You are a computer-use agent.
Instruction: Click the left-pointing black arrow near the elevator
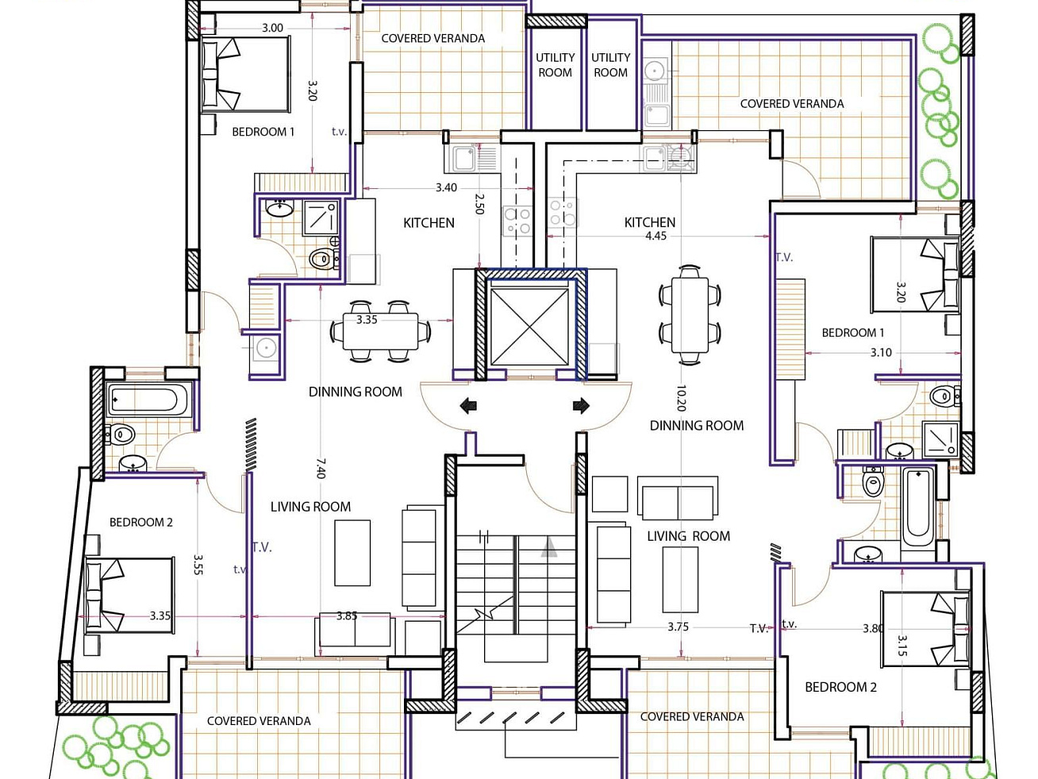point(468,406)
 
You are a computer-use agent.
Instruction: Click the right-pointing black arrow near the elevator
point(581,405)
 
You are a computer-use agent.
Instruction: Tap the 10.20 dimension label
point(681,398)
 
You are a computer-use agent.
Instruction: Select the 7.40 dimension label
point(321,469)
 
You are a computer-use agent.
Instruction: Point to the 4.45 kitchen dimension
point(656,236)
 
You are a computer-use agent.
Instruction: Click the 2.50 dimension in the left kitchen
point(479,204)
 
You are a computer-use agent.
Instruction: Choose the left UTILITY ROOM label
point(556,65)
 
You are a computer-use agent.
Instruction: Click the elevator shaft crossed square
point(529,327)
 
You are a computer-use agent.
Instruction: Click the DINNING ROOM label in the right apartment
point(697,426)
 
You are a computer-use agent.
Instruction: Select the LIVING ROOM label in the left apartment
point(311,507)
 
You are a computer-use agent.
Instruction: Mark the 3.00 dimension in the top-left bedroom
point(273,28)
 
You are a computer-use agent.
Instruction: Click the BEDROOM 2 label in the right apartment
point(841,687)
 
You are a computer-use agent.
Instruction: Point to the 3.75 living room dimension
point(679,627)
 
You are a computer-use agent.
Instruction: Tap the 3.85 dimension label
point(347,616)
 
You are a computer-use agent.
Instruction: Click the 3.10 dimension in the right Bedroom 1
point(881,353)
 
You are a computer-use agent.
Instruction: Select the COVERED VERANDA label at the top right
point(792,104)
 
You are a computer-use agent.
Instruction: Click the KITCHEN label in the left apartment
point(429,223)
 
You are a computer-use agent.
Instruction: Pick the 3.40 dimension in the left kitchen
point(447,187)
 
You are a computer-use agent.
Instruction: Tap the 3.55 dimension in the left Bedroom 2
point(198,565)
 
